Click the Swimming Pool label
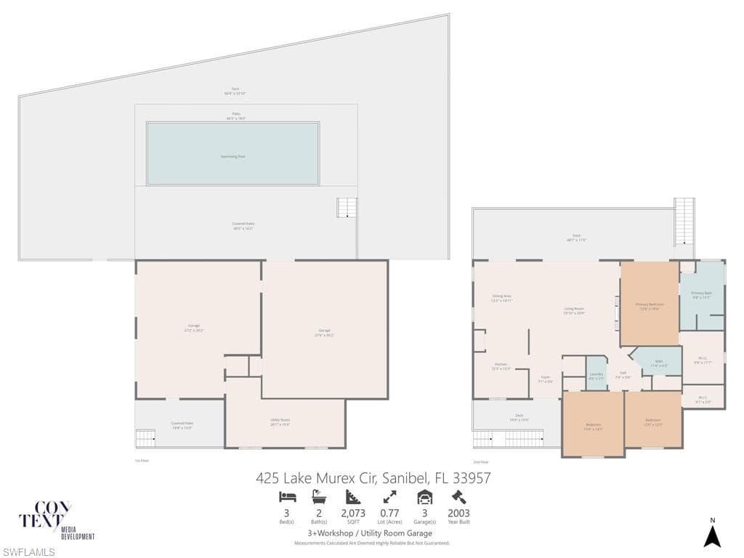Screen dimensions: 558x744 (232, 156)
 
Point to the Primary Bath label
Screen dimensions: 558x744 (701, 294)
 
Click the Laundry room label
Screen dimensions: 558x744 (596, 376)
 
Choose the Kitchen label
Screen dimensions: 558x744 (501, 365)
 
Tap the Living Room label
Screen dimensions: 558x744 (574, 309)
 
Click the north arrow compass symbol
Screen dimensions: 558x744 (712, 535)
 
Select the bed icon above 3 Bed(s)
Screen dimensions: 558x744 (287, 497)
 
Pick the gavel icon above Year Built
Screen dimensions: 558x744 (458, 497)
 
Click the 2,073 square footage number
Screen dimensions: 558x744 (353, 512)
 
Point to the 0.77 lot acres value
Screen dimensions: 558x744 (389, 512)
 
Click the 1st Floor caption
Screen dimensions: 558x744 (142, 461)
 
